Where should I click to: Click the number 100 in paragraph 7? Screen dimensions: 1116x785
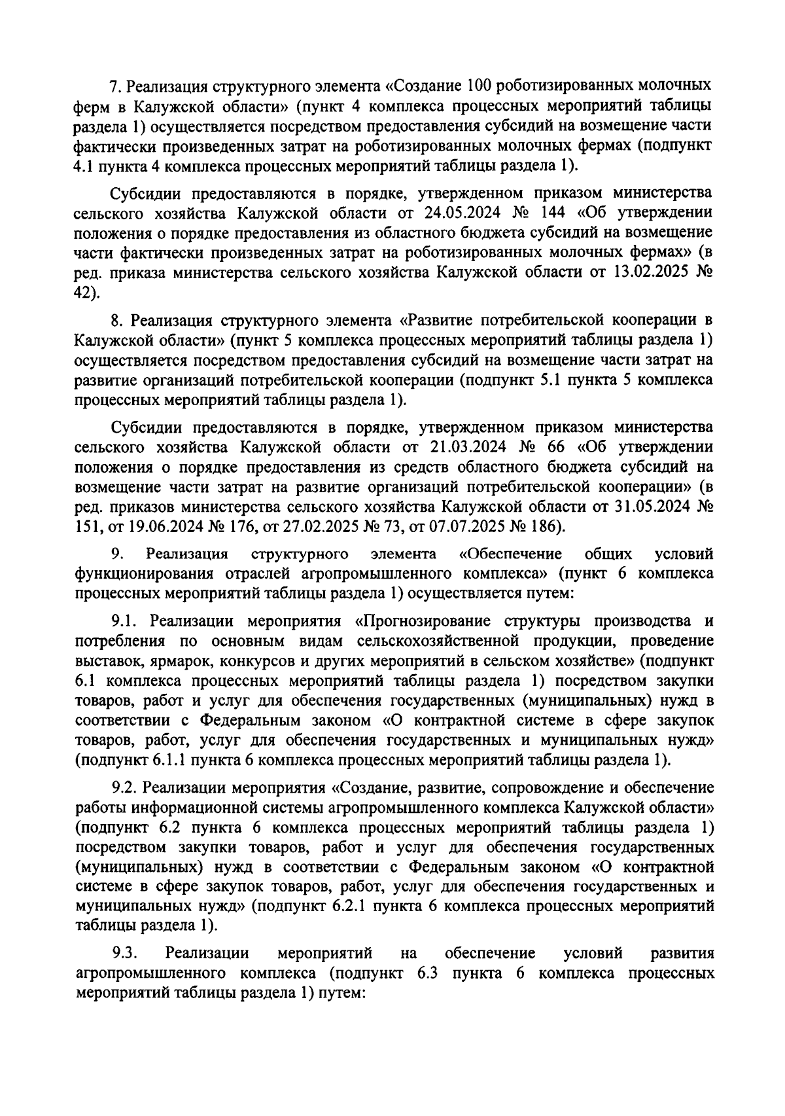coord(483,86)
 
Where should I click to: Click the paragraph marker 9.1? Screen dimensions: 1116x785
coord(124,620)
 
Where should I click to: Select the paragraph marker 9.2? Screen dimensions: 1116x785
coord(124,786)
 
